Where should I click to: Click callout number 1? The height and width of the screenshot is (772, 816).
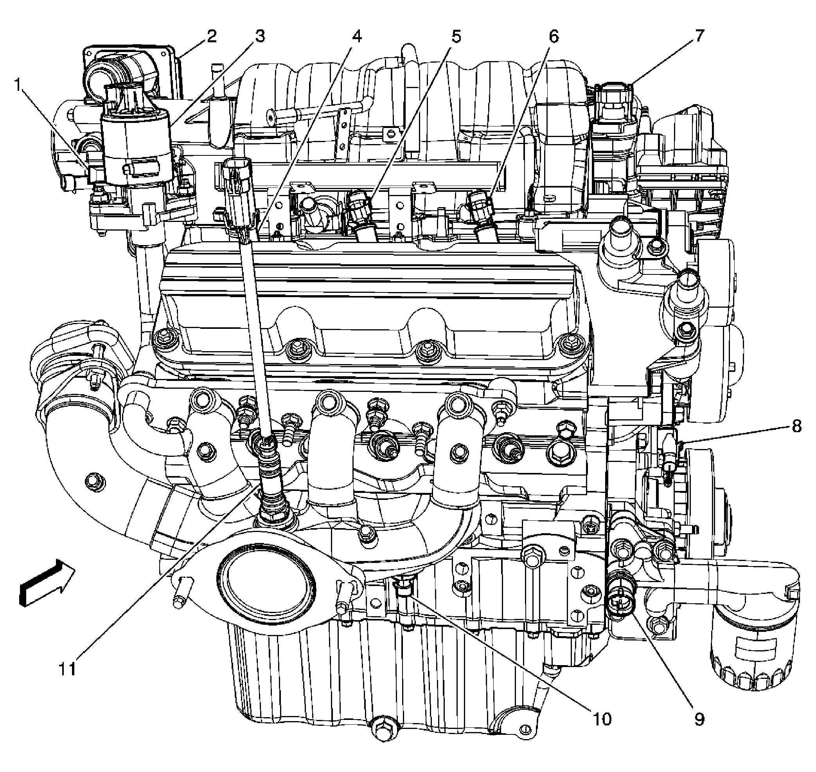pyautogui.click(x=17, y=86)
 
